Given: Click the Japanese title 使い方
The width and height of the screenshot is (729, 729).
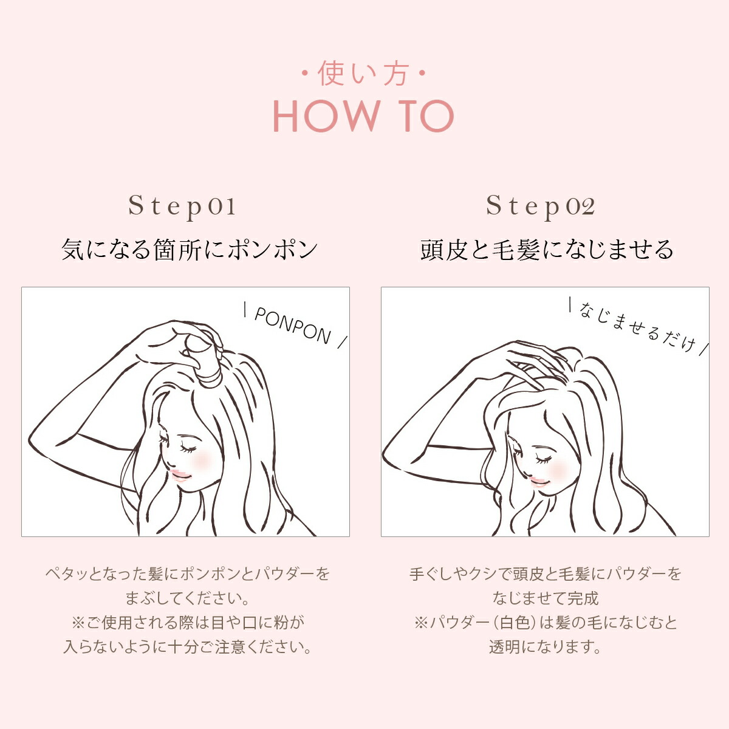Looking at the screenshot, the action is (x=363, y=74).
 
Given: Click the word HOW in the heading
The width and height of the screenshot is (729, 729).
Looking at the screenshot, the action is (x=326, y=116).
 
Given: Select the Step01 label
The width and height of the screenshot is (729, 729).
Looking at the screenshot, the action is (x=182, y=207).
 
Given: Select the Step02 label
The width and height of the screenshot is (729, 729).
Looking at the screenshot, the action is (x=541, y=207).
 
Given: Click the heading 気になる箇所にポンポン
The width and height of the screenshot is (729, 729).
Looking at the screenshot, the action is (x=189, y=250).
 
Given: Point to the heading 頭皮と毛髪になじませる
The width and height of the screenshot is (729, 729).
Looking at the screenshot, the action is (x=547, y=250).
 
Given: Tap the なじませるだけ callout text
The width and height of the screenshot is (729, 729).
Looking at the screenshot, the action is (x=637, y=327).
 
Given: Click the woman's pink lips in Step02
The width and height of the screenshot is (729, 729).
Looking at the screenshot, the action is (x=539, y=481).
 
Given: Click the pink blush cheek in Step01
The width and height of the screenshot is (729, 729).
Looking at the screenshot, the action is (x=203, y=459).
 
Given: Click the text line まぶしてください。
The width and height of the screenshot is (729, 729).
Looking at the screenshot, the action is (x=187, y=598).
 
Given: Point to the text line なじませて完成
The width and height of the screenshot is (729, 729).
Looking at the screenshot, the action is (x=546, y=598).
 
